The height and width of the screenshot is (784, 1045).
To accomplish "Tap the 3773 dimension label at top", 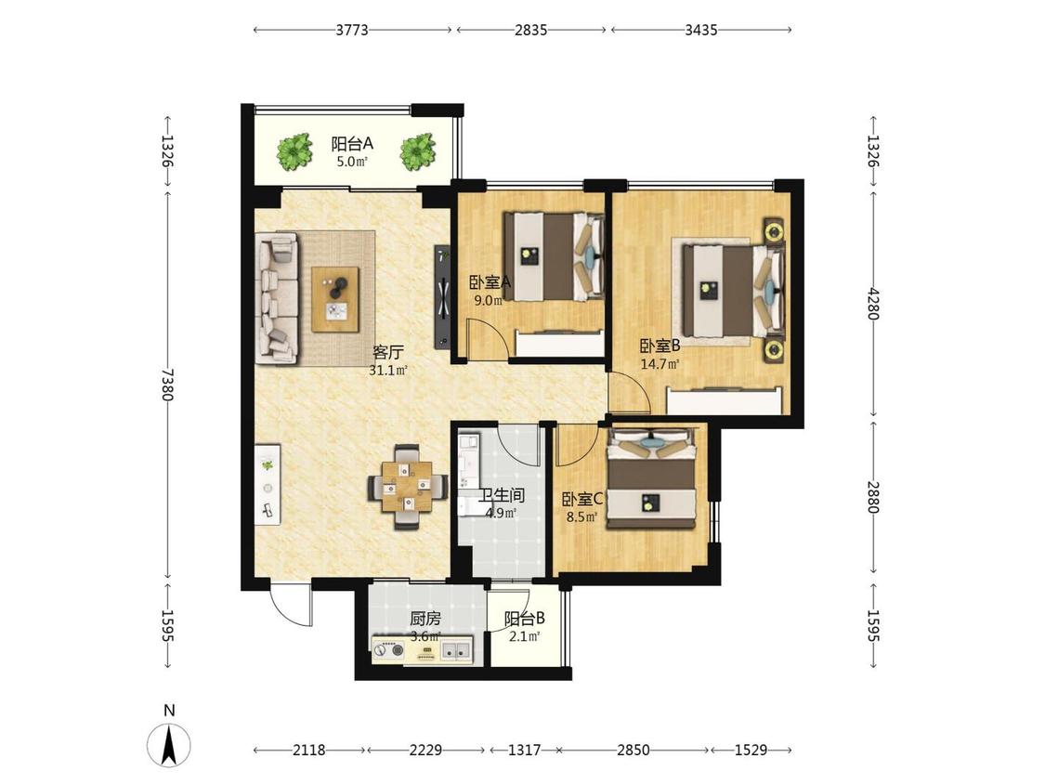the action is tap(352, 30).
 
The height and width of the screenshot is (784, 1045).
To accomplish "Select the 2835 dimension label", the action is tap(530, 30).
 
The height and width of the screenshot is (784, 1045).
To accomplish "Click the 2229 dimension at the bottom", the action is tap(425, 750).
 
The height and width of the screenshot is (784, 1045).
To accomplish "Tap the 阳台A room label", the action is tap(352, 143).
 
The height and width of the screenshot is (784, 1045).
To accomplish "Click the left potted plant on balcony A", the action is tap(294, 151).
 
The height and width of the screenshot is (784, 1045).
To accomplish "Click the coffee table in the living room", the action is tap(336, 299).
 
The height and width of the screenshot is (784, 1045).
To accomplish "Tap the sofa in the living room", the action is tap(277, 298).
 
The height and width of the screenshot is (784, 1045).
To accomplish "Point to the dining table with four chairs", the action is tap(407, 487).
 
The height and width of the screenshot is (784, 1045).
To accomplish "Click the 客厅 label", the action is tap(388, 352).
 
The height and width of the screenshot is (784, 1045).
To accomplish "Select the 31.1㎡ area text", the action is tap(388, 371).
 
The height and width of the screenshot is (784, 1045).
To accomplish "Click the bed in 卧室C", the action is tap(652, 478).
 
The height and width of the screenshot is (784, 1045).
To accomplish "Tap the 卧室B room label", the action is tap(660, 346).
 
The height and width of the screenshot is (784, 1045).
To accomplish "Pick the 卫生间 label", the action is tap(502, 495).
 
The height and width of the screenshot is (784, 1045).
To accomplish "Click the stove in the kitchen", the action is tap(389, 649).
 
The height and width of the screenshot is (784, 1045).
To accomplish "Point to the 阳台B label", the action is tap(525, 619).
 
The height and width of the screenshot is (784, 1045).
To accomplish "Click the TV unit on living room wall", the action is tap(443, 296).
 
